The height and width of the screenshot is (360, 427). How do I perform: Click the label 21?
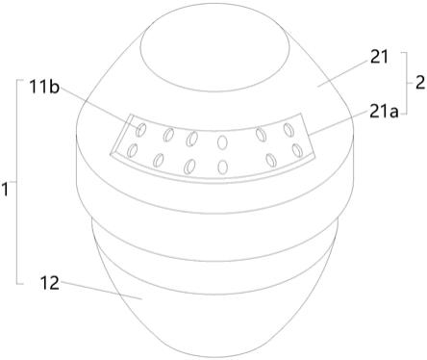click(x=379, y=58)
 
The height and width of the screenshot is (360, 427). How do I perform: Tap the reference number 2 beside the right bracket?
click(x=420, y=83)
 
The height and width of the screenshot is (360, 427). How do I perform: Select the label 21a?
click(x=384, y=112)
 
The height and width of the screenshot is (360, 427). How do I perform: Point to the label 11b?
click(x=44, y=87)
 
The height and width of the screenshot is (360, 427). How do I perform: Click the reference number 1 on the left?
click(x=5, y=190)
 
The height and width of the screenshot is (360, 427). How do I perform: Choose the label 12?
click(x=50, y=283)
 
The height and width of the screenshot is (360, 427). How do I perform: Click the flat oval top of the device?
click(x=216, y=53)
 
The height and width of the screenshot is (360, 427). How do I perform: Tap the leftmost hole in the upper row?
click(x=140, y=129)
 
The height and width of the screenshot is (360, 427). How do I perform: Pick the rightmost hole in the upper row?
click(x=289, y=129)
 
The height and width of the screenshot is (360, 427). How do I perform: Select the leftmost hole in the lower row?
click(x=132, y=150)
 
